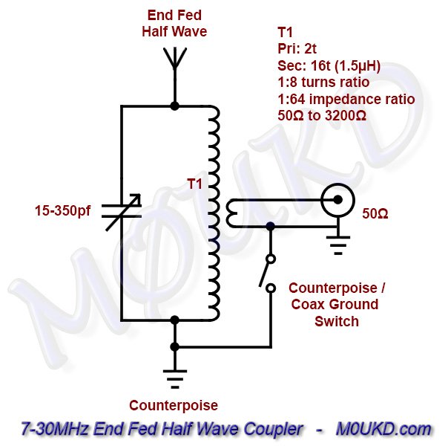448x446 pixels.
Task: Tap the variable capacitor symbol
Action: pos(120,211)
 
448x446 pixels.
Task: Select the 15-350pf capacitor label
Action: pos(63,211)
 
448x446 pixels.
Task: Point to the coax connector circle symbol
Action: pos(336,200)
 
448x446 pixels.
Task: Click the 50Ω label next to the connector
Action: pos(376,214)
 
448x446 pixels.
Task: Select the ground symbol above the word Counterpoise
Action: pos(174,380)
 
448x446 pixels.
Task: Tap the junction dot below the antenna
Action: pos(174,106)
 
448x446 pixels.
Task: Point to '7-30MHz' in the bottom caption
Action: pos(45,429)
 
